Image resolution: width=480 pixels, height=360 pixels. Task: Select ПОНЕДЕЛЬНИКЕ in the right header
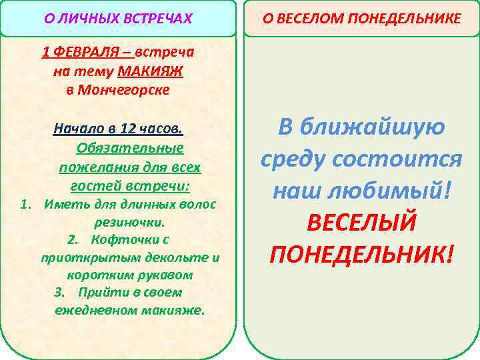pos(408,19)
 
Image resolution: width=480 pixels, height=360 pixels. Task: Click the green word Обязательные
pos(130,147)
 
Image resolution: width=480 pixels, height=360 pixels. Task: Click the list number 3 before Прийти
pos(59,293)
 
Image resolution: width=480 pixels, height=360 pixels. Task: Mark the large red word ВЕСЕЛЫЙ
pos(361,222)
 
